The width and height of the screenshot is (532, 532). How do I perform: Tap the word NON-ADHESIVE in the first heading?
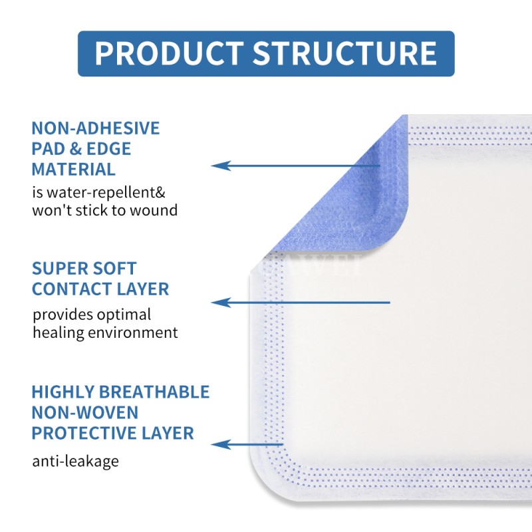(x=96, y=128)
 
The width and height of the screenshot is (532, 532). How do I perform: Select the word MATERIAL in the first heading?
(x=74, y=169)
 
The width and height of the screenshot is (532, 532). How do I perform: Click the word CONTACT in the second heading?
(x=77, y=289)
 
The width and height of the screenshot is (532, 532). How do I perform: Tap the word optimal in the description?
(x=120, y=314)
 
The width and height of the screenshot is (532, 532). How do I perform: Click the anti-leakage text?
(x=75, y=460)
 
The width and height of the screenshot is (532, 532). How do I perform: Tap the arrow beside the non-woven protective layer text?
(x=249, y=444)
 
